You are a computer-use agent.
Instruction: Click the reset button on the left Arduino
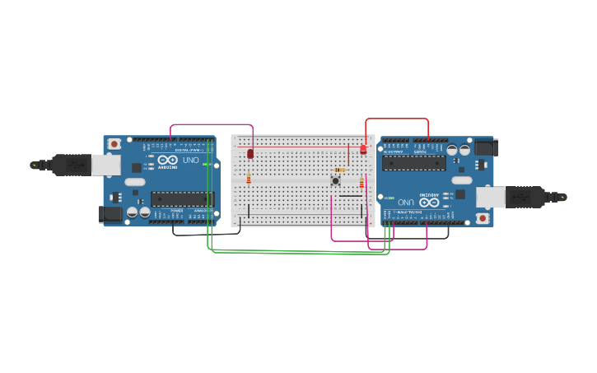pos(113,143)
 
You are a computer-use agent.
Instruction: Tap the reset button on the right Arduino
pos(483,219)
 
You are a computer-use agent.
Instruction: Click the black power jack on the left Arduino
pos(110,214)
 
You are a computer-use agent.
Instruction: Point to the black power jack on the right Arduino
pos(487,147)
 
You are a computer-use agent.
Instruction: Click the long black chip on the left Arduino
pos(182,198)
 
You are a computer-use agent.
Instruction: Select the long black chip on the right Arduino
pos(416,162)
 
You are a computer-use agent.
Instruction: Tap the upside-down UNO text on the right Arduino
pos(406,202)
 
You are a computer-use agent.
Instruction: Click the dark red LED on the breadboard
pos(250,154)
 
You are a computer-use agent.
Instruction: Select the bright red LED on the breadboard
pos(362,149)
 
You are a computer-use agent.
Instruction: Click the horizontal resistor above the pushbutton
pos(341,170)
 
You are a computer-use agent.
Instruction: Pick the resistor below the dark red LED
pos(249,180)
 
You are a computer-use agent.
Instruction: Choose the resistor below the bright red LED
pos(361,183)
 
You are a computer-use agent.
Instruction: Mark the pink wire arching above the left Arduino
pos(211,125)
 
